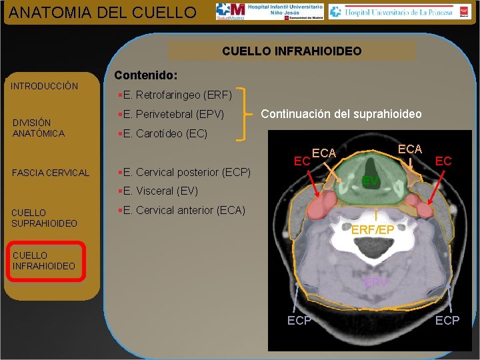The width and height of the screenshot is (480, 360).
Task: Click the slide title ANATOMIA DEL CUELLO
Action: click(103, 12)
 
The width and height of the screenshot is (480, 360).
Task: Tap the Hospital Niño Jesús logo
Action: click(269, 11)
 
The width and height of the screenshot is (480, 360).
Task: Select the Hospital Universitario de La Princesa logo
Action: click(391, 11)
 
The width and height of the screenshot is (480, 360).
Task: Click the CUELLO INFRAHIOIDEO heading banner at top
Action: click(291, 51)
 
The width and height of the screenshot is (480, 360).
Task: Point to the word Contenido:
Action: click(145, 76)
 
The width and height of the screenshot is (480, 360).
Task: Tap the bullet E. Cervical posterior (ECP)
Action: click(183, 172)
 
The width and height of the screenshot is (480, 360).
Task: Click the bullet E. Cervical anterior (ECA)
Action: click(181, 211)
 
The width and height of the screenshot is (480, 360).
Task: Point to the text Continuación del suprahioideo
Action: click(341, 114)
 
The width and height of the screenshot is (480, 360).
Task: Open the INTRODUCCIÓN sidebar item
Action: click(45, 86)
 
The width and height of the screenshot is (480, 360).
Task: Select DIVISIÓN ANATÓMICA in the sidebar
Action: click(39, 128)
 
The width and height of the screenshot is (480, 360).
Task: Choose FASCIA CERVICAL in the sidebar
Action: click(51, 173)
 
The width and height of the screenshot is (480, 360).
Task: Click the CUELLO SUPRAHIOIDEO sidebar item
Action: click(45, 218)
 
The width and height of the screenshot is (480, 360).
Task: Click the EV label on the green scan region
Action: click(371, 181)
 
